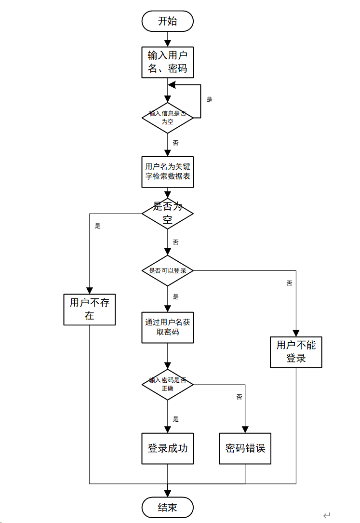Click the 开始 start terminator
coord(167,21)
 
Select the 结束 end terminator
coord(167,507)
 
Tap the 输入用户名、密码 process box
coord(167,62)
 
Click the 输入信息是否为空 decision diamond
coord(167,118)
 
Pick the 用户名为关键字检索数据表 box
coord(167,172)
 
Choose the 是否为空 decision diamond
coord(167,213)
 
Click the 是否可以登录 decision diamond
coord(167,271)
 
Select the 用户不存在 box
coord(90,309)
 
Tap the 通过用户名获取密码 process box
coord(167,327)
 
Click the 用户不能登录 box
coord(296,352)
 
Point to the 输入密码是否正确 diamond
coord(167,384)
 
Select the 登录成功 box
coord(167,448)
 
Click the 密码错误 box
coord(245,448)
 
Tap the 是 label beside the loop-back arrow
coord(209,100)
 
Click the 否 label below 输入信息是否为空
coord(175,143)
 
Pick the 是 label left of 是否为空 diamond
coord(98,226)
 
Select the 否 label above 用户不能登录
coord(289,283)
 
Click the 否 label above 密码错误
coord(239,397)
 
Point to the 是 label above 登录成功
coord(175,419)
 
